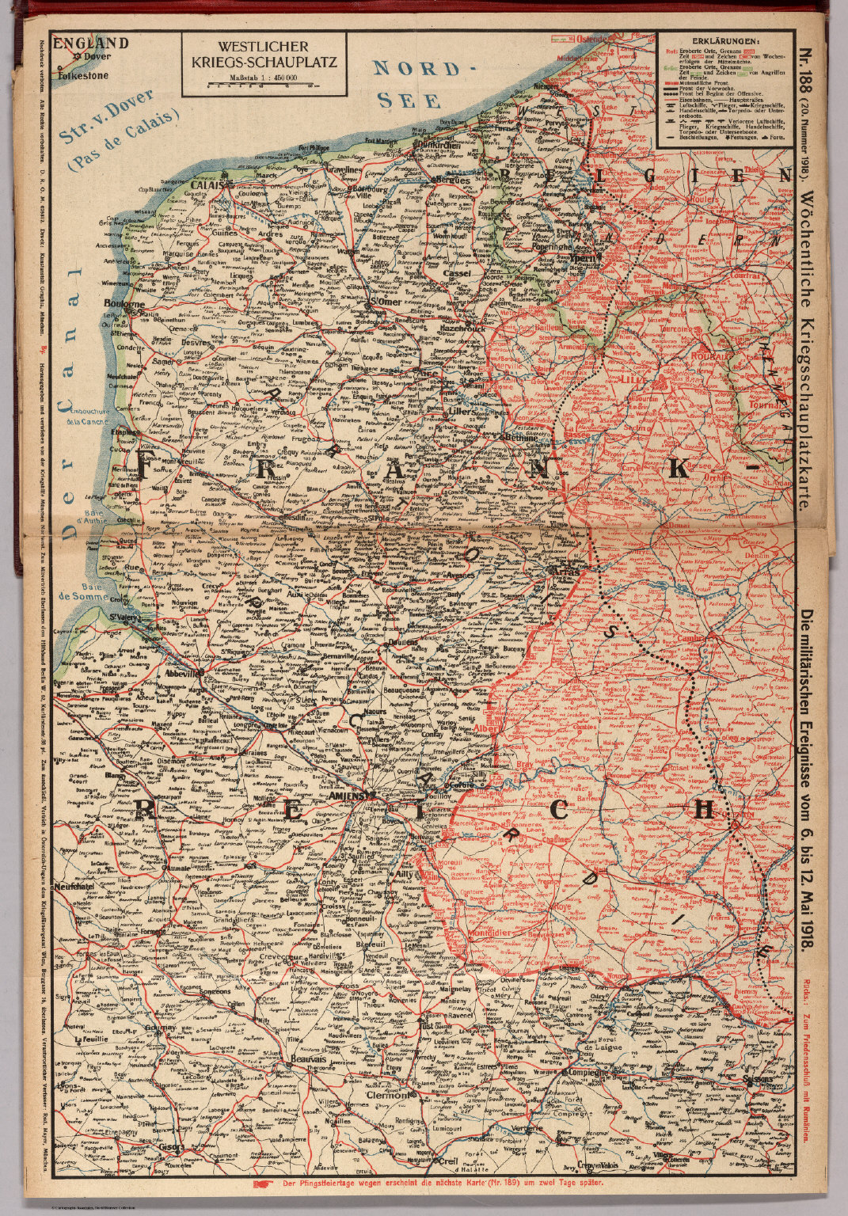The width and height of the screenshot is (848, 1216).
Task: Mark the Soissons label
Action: [763, 1078]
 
